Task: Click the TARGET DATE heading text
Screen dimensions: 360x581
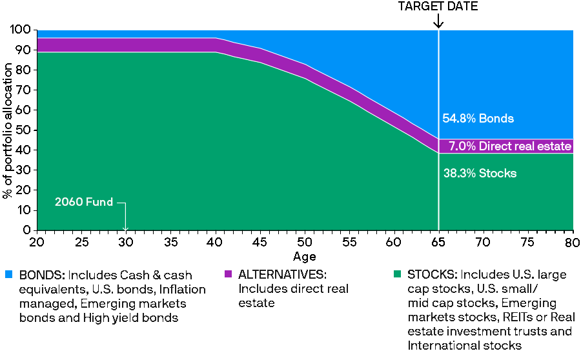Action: tap(438, 6)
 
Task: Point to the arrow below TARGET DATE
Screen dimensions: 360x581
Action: tap(438, 21)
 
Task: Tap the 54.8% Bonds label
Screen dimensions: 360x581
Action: tap(478, 119)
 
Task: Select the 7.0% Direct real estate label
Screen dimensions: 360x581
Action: tap(510, 146)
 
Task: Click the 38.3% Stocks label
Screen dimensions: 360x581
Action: tap(480, 174)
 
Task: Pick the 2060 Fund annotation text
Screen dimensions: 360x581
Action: tap(84, 203)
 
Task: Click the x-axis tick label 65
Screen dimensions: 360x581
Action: tap(438, 242)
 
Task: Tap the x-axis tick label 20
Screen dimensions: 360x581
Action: tap(37, 242)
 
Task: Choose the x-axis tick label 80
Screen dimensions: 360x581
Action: tap(573, 242)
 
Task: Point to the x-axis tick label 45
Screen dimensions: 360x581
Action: tap(260, 242)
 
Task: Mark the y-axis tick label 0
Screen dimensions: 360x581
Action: tap(28, 230)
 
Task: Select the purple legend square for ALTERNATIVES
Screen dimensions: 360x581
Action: tap(228, 274)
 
